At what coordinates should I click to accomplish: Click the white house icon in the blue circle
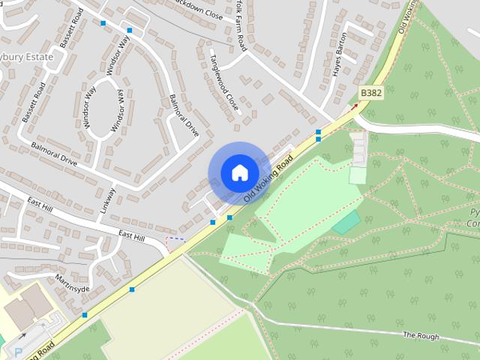tap(239, 173)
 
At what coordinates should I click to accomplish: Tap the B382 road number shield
tap(370, 92)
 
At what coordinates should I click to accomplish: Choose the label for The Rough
tap(420, 336)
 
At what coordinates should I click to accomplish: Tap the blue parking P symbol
tap(18, 351)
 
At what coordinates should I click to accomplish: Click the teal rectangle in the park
tap(346, 222)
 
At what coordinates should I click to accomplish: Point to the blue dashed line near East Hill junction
tap(175, 240)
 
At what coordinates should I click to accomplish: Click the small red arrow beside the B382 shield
tap(354, 106)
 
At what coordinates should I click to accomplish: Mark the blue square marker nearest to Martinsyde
tap(132, 289)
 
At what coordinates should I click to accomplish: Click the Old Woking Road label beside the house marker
tap(268, 181)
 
